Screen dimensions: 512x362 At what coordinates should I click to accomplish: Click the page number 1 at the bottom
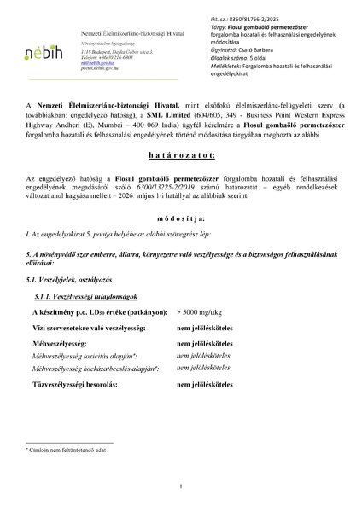coord(182,486)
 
